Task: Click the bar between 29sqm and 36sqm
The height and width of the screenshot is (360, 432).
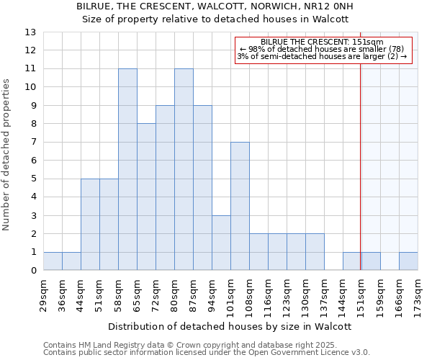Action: point(53,261)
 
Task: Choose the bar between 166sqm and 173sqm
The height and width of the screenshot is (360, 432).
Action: point(408,261)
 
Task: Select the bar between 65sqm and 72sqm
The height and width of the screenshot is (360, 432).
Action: point(146,197)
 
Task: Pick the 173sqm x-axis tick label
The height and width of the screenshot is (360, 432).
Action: point(418,294)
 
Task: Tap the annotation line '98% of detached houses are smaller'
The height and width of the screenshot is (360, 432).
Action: point(323,49)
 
